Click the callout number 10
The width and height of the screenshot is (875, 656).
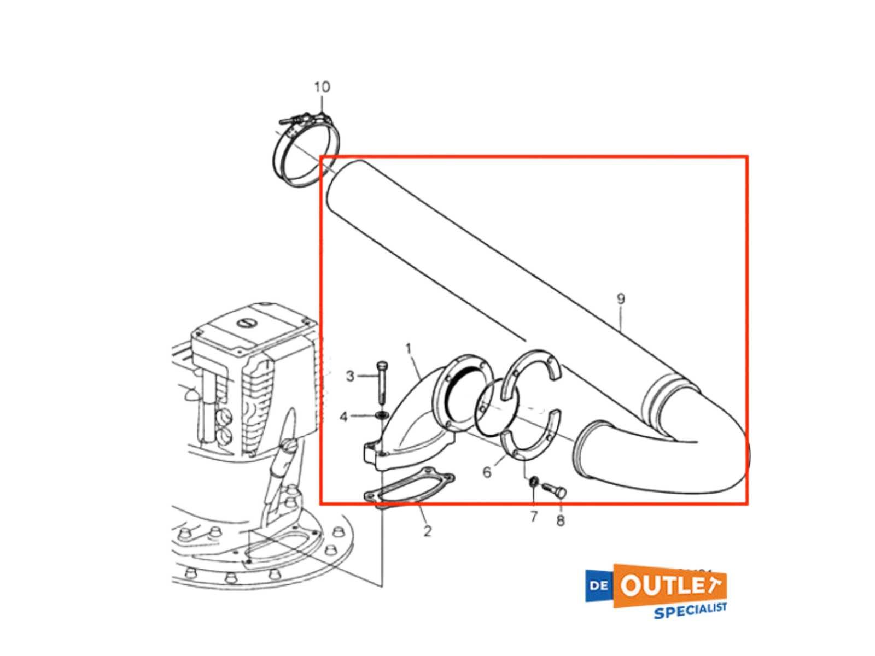(x=322, y=87)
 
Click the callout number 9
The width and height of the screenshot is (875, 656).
(x=621, y=299)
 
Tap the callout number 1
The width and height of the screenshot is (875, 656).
(x=409, y=349)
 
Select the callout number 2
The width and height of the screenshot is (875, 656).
(x=427, y=530)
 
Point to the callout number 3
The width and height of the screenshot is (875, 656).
(x=350, y=376)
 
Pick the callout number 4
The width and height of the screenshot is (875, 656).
(x=343, y=417)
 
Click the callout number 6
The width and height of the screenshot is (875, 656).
(x=487, y=472)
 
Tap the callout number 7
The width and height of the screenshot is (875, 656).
(x=534, y=516)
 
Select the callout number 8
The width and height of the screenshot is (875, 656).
(x=561, y=520)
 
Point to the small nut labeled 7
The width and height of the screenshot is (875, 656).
(x=533, y=482)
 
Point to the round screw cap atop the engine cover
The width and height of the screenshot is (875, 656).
(x=245, y=323)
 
